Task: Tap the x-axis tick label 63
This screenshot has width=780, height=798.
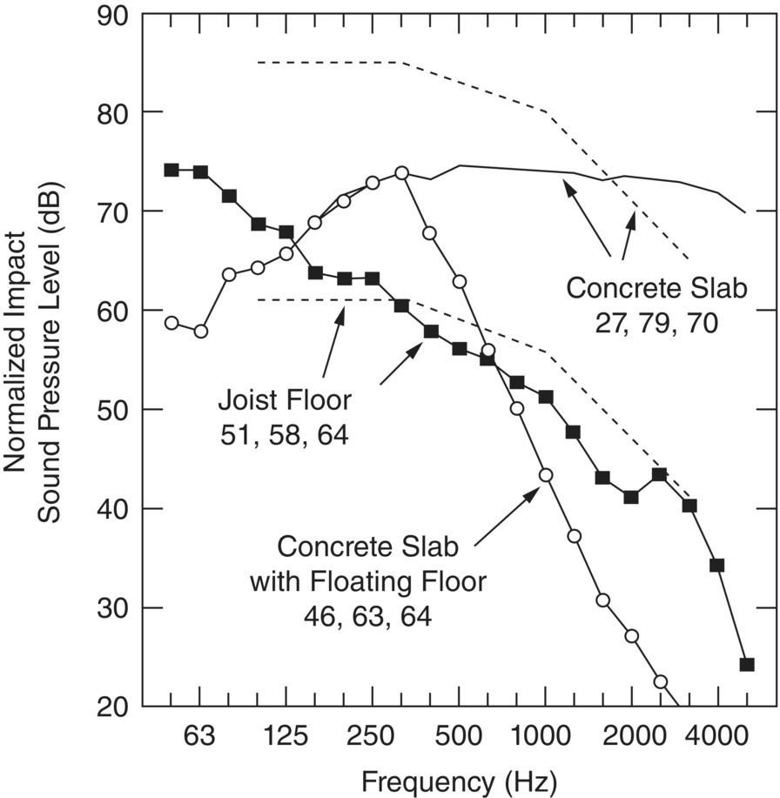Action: pos(200,737)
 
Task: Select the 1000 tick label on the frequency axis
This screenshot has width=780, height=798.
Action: pos(546,737)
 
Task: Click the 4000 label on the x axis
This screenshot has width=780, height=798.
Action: pos(718,737)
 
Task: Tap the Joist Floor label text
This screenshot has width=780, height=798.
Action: pos(284,402)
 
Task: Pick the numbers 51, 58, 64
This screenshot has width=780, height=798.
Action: pos(284,433)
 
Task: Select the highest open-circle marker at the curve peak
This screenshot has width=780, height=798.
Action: pos(401,173)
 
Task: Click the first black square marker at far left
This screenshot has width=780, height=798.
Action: pos(171,170)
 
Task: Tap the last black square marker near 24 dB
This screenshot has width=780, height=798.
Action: pos(746,665)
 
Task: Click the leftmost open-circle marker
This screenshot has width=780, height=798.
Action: pos(171,323)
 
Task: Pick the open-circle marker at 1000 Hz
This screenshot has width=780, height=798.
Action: pos(546,475)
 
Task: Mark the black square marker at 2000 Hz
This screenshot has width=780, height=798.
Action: pos(631,498)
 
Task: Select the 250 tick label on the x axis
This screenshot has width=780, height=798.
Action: pos(373,737)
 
